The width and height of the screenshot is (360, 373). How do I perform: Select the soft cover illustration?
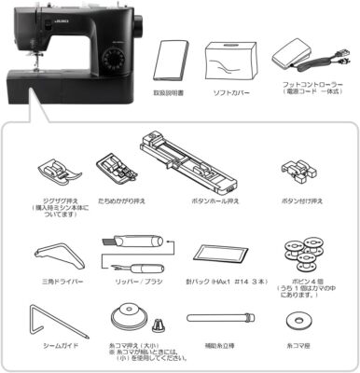(x=234, y=57)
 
